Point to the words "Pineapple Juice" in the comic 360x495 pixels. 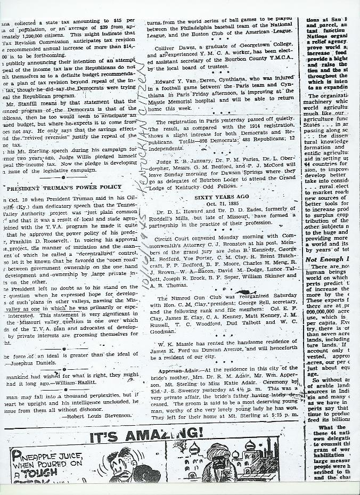click(x=46, y=456)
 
